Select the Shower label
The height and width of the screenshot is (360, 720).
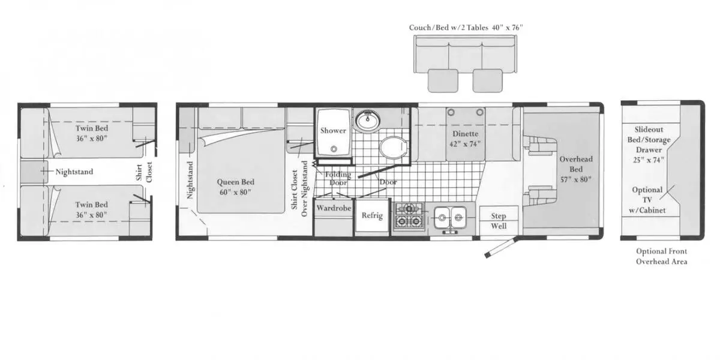coord(333,131)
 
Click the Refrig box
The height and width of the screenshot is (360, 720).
coord(371,217)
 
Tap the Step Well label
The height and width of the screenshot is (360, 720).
coord(499,221)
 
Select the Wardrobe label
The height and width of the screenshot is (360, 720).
coord(334,208)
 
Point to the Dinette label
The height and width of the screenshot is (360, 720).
coord(465,139)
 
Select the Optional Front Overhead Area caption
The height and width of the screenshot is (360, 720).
coord(661,257)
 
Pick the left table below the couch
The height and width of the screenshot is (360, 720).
coord(443,80)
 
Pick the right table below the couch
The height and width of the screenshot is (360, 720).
coord(487,80)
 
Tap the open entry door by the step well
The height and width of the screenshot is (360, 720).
coord(500,248)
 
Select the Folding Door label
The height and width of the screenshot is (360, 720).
coord(338,178)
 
